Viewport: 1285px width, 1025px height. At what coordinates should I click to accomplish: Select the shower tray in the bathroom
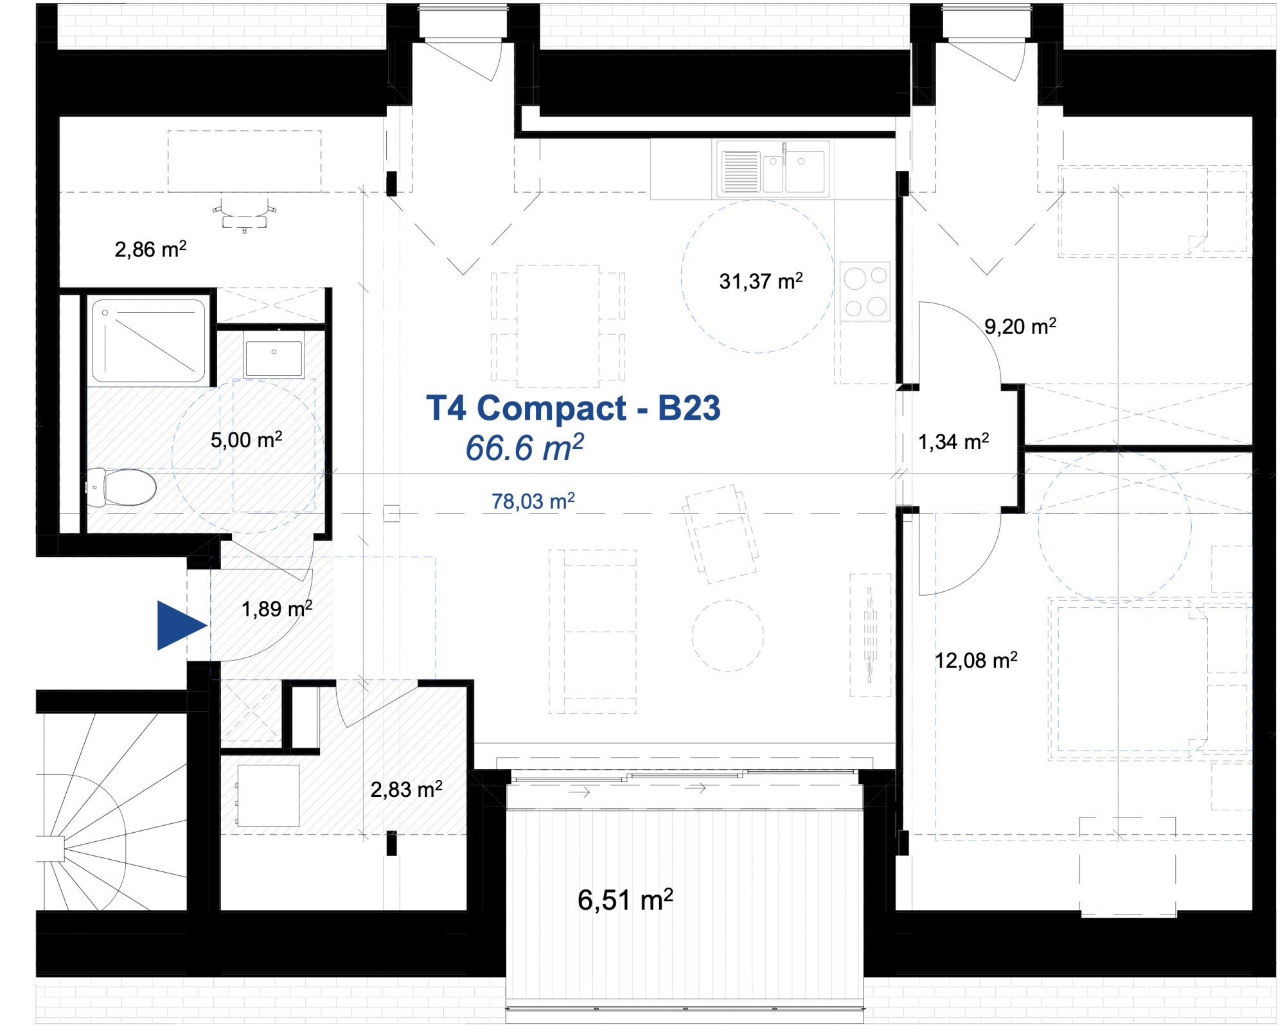pos(148,341)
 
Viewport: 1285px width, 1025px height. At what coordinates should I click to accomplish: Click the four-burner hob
pos(865,292)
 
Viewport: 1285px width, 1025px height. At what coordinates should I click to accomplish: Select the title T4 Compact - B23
pos(573,408)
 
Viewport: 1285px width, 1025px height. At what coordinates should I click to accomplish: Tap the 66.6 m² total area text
pos(525,447)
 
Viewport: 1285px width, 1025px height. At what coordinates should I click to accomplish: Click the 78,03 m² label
pos(533,501)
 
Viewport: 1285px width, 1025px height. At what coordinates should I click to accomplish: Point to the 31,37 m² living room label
pos(761,281)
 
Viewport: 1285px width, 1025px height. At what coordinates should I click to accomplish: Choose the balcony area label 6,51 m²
pos(625,900)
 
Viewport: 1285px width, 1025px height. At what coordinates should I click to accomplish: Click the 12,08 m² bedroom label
pos(976,660)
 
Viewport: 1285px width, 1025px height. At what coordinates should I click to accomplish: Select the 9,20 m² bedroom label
pos(1020,326)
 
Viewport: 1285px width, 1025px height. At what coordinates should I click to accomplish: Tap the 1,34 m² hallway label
pos(953,441)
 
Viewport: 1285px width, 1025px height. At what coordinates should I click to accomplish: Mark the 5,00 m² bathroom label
pos(246,440)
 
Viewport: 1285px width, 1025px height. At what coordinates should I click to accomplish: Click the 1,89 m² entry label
pos(277,609)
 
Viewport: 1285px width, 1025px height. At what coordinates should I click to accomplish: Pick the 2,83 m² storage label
pos(406,789)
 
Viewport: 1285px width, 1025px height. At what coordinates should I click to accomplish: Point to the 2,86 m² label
pos(150,249)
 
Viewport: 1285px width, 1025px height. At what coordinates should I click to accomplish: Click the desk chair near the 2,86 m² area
pos(245,215)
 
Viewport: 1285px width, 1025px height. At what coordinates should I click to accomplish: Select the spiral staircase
pos(113,811)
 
